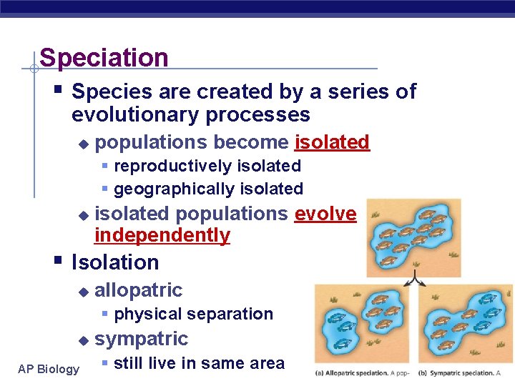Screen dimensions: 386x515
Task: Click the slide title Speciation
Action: (104, 58)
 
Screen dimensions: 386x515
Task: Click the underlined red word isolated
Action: (332, 142)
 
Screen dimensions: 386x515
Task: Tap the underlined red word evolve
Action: (325, 214)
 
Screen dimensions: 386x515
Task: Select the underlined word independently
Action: (162, 235)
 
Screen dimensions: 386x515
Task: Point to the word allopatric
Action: (138, 290)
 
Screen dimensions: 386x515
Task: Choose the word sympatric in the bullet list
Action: (141, 339)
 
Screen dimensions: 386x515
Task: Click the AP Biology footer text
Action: (49, 369)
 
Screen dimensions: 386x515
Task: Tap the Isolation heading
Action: (115, 262)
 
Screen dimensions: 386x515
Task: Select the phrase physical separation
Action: (193, 314)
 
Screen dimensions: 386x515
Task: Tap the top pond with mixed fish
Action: (413, 236)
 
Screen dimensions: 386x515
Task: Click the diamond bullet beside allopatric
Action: (83, 292)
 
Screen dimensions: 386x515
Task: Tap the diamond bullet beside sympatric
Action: (83, 340)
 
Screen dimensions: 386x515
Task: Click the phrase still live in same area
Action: (199, 363)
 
